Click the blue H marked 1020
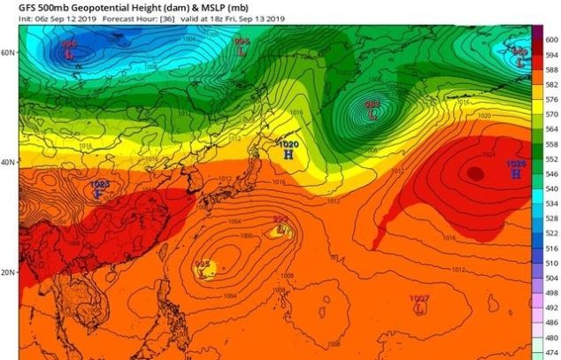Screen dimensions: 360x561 (288, 154)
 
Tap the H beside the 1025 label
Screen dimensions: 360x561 (515, 174)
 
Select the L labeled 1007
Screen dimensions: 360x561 (419, 310)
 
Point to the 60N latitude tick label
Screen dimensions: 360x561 (9, 53)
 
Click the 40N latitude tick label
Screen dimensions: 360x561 (9, 163)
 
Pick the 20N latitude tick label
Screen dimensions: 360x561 (9, 272)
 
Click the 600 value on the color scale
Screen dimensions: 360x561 (550, 40)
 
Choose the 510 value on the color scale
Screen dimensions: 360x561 (550, 264)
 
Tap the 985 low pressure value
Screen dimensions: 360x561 (202, 264)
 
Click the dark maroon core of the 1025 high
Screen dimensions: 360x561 (476, 174)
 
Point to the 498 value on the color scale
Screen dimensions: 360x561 (550, 293)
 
